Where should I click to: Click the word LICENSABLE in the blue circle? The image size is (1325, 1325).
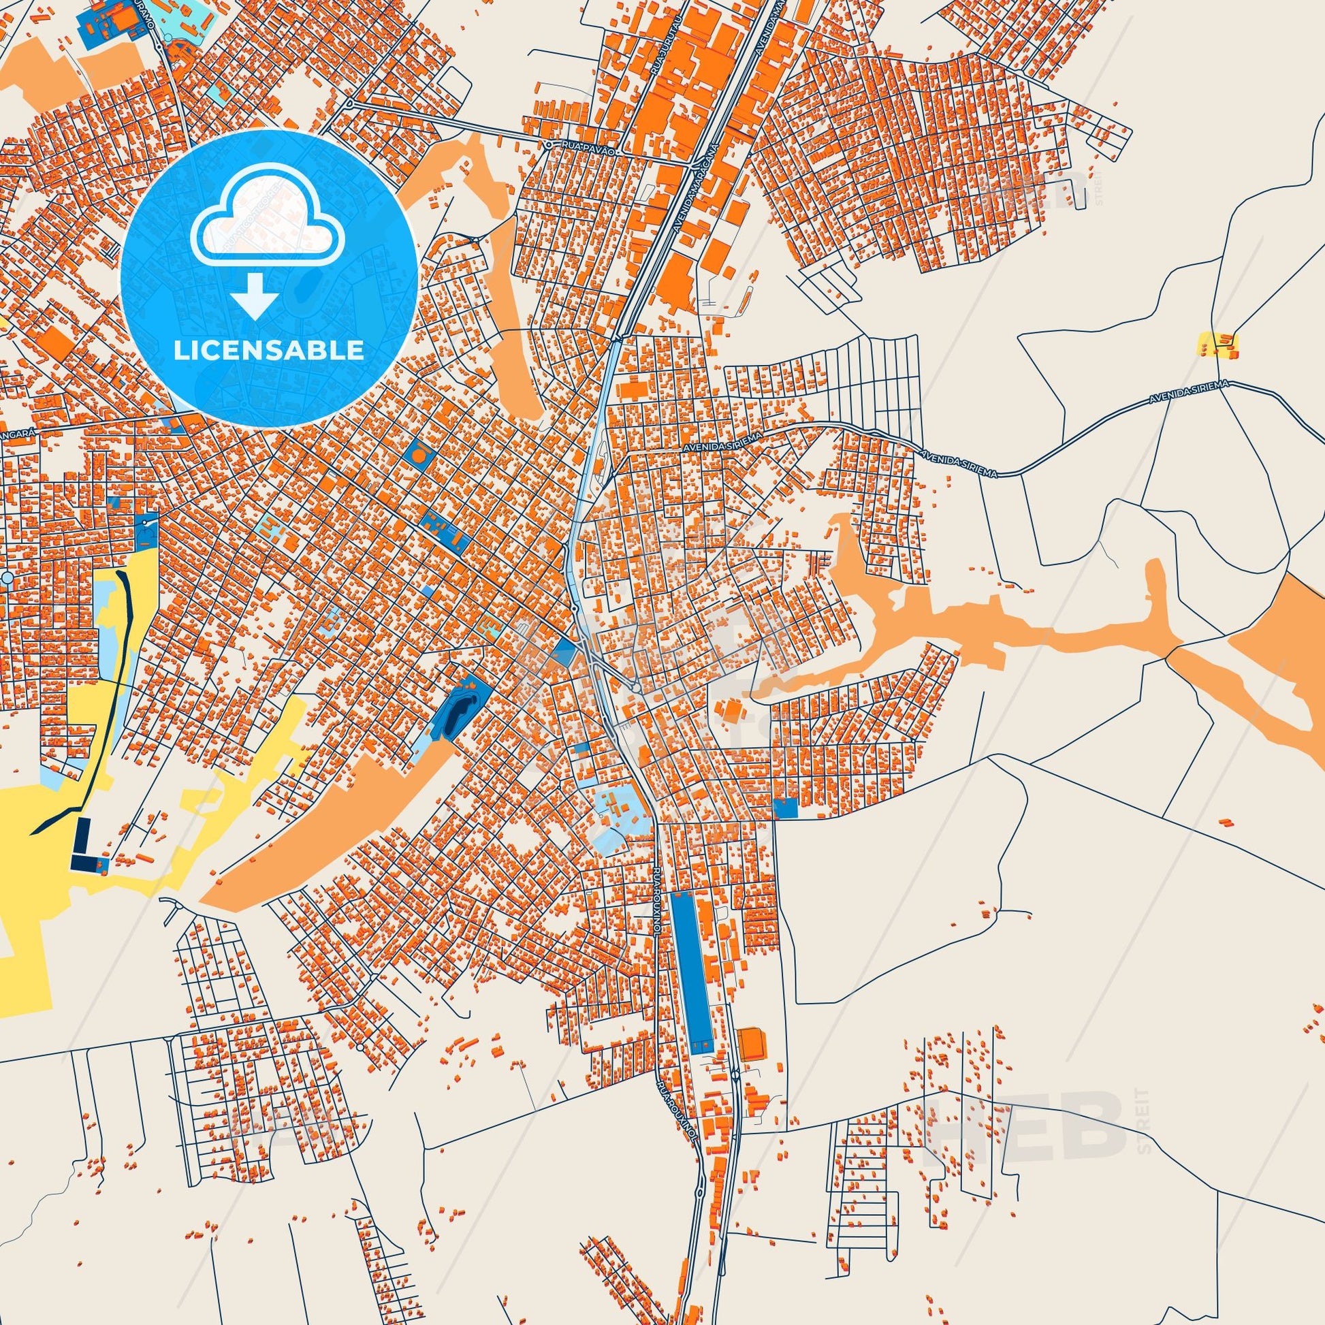pyautogui.click(x=268, y=351)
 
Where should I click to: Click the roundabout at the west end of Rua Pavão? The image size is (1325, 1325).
pyautogui.click(x=351, y=104)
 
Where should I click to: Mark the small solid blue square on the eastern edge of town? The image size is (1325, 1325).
pyautogui.click(x=785, y=808)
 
